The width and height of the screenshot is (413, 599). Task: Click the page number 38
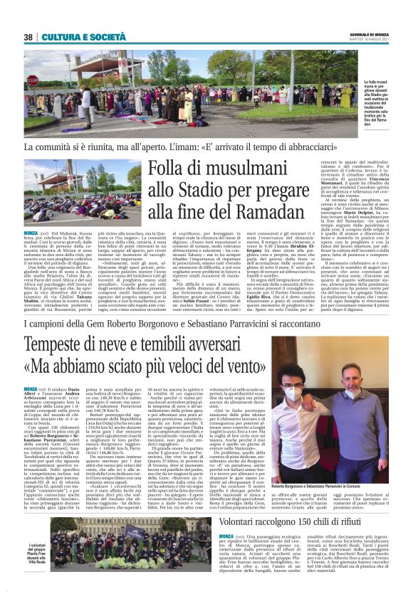[29, 36]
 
